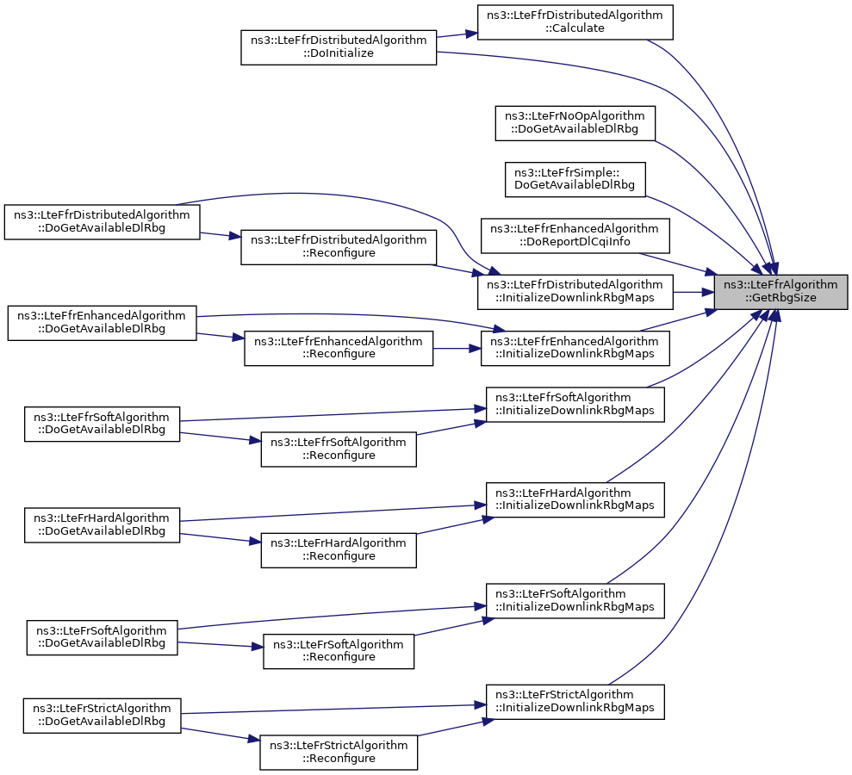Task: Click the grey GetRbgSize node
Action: (780, 292)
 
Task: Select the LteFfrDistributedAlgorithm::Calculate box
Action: (575, 22)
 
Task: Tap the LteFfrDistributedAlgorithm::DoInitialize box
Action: (339, 47)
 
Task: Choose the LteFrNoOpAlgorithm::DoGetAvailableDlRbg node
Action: (575, 123)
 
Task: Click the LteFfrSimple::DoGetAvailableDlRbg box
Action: (575, 179)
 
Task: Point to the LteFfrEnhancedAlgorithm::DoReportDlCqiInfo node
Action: (575, 236)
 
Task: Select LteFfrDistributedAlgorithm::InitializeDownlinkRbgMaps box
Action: (575, 292)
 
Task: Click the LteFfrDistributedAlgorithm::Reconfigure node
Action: (339, 247)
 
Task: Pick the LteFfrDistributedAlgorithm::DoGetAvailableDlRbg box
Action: (103, 221)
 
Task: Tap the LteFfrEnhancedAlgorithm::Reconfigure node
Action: (339, 348)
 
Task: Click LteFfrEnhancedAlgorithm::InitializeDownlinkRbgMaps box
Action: (575, 348)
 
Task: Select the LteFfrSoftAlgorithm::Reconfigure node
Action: (339, 449)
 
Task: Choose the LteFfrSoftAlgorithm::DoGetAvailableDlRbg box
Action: (103, 425)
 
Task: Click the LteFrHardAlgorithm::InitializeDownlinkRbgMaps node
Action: (575, 499)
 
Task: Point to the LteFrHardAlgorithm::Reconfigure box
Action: (339, 550)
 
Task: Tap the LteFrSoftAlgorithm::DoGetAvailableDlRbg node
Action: (103, 637)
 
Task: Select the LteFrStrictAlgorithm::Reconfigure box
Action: (339, 753)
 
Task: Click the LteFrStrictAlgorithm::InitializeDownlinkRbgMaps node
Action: (575, 702)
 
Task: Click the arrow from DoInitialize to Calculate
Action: (457, 34)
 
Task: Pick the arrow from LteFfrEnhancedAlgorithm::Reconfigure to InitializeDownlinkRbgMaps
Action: (457, 348)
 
